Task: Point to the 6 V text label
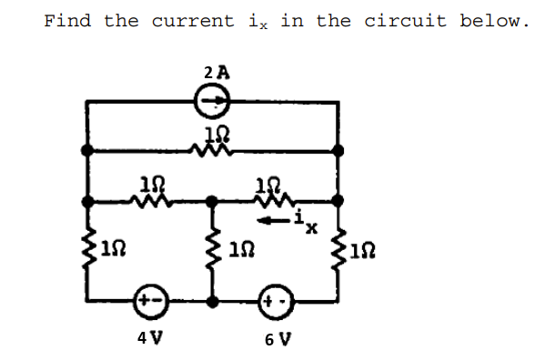point(277,341)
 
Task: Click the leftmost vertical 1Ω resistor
point(88,246)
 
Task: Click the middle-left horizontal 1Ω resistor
point(149,198)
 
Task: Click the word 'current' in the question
point(193,20)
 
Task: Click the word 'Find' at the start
point(67,20)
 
